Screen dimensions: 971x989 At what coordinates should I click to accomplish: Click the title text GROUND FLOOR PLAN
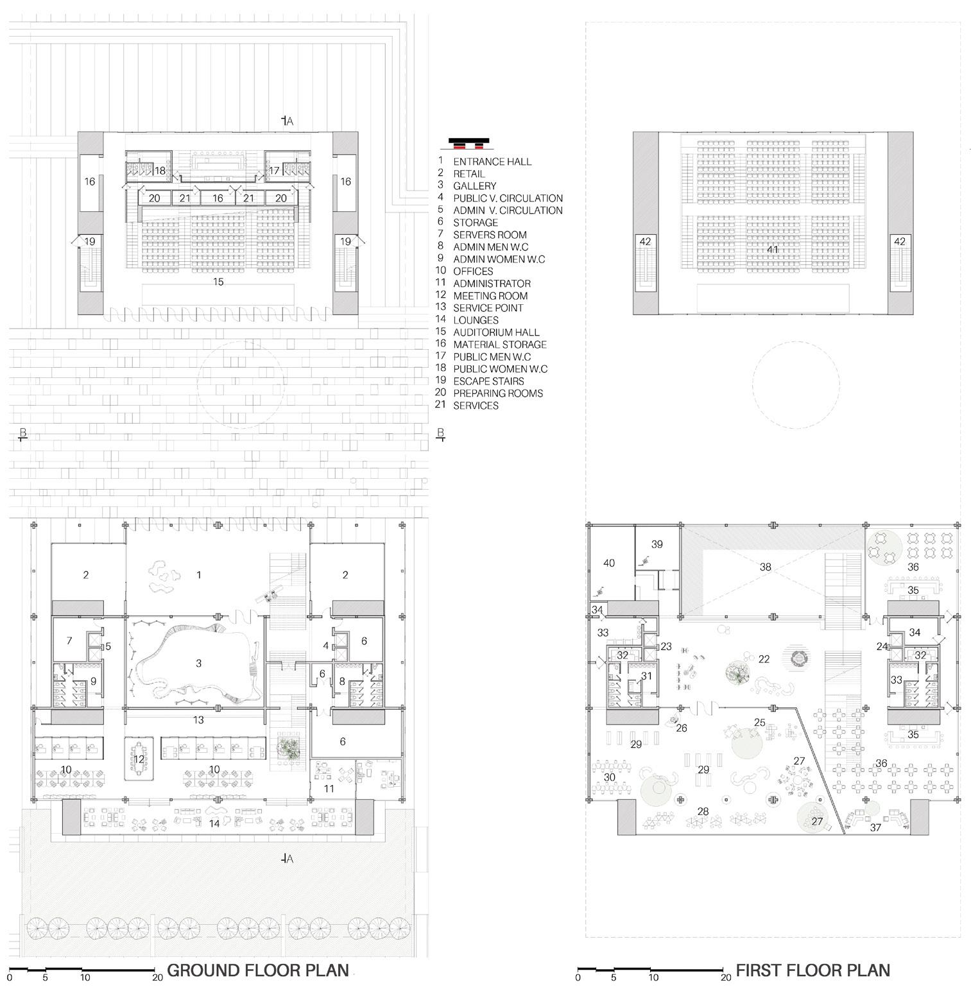click(x=258, y=970)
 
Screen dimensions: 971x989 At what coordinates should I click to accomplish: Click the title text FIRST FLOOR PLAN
click(x=812, y=970)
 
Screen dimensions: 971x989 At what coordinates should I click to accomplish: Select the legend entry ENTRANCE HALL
click(x=492, y=162)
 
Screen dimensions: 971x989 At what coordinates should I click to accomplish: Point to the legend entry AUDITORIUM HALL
click(x=496, y=332)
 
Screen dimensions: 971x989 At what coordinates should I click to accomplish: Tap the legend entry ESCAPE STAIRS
click(x=488, y=381)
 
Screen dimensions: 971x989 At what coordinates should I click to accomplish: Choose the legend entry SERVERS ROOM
click(x=490, y=235)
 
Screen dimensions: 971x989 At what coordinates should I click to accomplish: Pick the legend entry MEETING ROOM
click(x=490, y=296)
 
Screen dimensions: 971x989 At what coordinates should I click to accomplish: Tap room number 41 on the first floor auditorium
click(x=773, y=249)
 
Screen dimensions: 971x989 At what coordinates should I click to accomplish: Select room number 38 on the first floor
click(x=765, y=567)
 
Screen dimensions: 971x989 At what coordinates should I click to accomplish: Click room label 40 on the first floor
click(x=609, y=563)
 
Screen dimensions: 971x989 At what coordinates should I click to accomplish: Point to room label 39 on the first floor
click(x=657, y=544)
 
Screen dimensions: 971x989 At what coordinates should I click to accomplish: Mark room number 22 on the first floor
click(x=764, y=659)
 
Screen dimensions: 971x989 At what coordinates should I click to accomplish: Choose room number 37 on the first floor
click(x=875, y=828)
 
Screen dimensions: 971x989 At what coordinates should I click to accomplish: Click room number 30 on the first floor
click(x=609, y=777)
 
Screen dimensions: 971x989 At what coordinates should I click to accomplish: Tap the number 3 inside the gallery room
click(x=198, y=663)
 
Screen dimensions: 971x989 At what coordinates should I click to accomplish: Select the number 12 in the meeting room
click(x=139, y=759)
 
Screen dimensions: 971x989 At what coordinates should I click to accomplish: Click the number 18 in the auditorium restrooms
click(x=160, y=171)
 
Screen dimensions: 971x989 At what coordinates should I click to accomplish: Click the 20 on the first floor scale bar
click(x=725, y=978)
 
